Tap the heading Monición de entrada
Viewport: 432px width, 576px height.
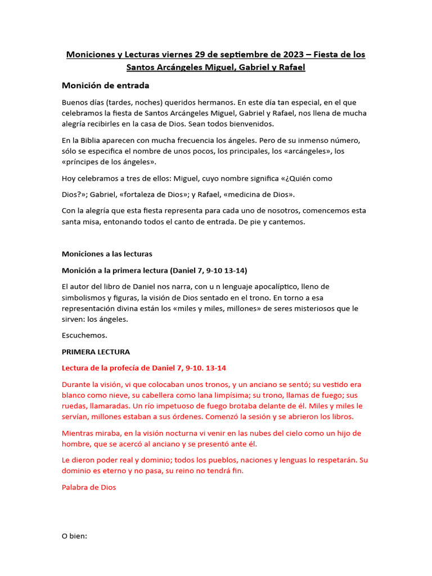(x=105, y=85)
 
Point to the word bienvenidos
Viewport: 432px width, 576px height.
(x=251, y=124)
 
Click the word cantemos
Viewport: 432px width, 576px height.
(x=287, y=222)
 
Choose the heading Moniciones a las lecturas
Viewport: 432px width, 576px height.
(x=107, y=254)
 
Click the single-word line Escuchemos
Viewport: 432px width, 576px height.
(x=84, y=335)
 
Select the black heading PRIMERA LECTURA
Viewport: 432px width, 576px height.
(x=96, y=352)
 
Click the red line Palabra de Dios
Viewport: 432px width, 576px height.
(x=89, y=487)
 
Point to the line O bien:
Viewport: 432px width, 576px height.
(x=75, y=536)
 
